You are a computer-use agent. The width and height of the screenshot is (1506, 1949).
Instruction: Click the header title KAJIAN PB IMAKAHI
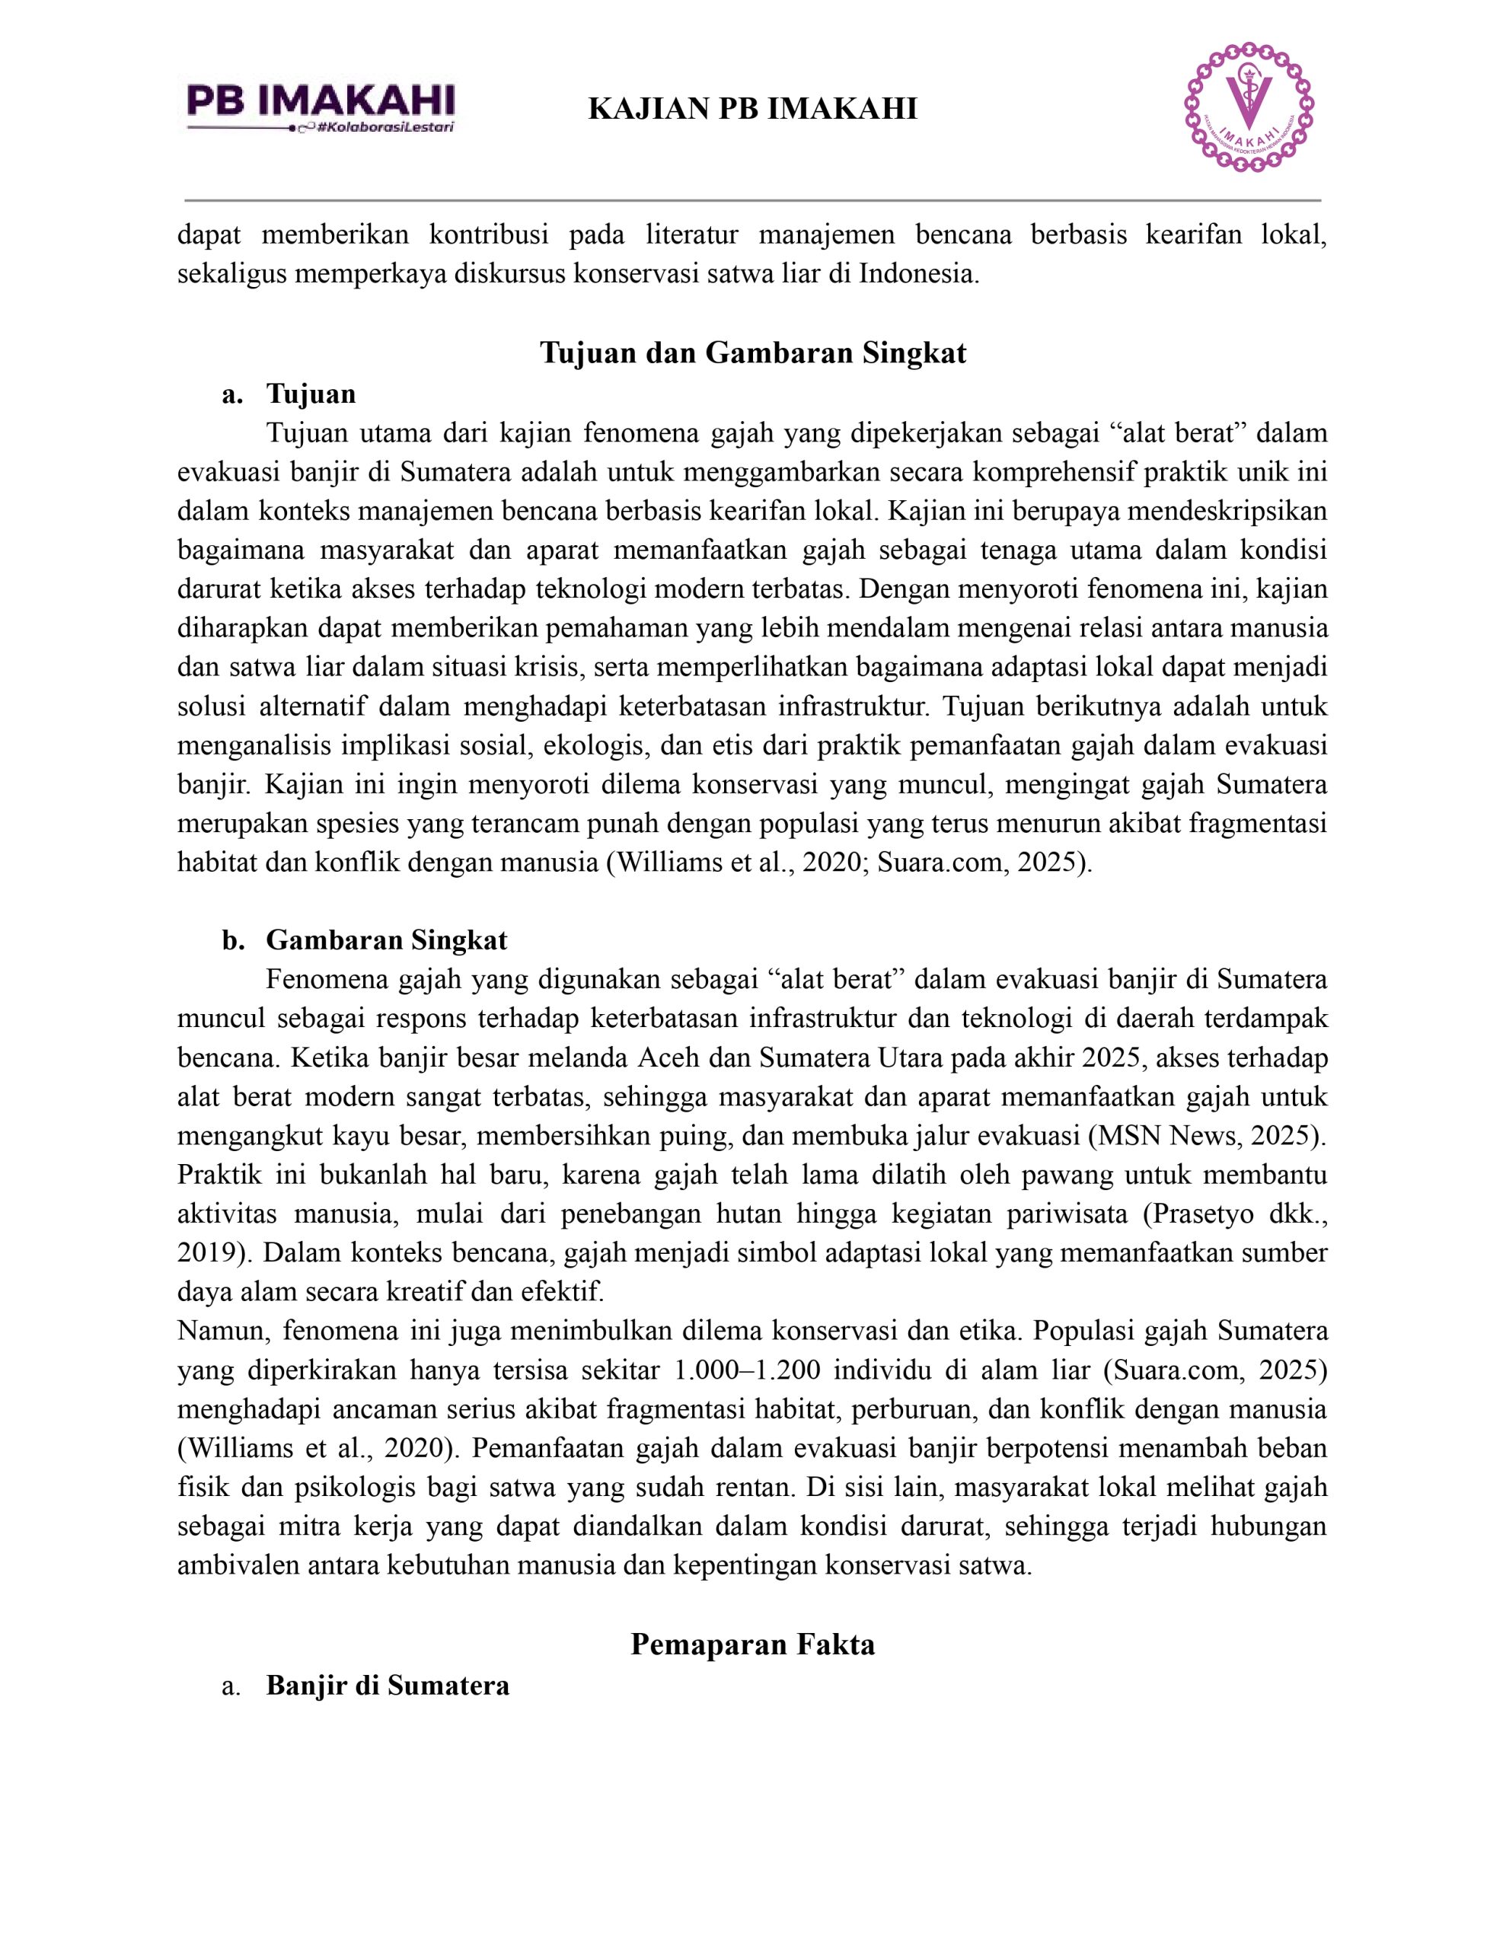pos(752,110)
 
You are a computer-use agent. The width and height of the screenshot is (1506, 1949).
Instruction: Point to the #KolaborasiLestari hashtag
pos(387,128)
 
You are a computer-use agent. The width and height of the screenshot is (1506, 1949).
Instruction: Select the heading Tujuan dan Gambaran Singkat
pos(752,353)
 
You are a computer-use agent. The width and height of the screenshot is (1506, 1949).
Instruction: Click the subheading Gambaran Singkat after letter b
pos(387,939)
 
